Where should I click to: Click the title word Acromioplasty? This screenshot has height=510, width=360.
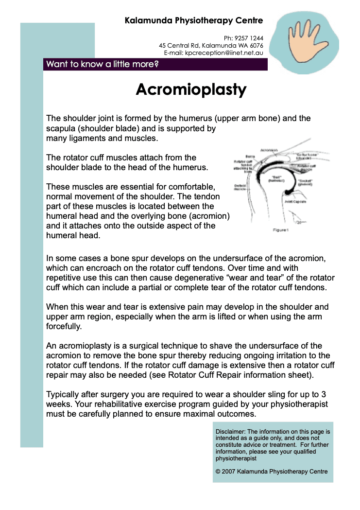191,89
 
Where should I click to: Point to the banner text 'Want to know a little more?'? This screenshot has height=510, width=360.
103,64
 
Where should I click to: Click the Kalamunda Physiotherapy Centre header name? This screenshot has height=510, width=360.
194,20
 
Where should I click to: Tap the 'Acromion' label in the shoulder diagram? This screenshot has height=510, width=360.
269,150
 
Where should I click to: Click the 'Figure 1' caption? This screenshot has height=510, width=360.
280,230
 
